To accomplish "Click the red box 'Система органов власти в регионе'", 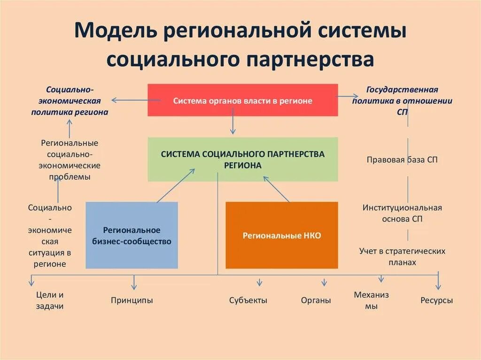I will pyautogui.click(x=242, y=100).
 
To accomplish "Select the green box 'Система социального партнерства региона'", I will pyautogui.click(x=242, y=159).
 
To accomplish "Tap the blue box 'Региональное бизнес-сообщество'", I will pyautogui.click(x=132, y=235).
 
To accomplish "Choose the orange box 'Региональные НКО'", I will pyautogui.click(x=282, y=235).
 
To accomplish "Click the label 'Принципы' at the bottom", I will pyautogui.click(x=132, y=300).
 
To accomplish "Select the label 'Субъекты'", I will pyautogui.click(x=248, y=300).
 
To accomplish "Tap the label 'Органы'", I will pyautogui.click(x=316, y=300).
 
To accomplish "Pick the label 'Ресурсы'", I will pyautogui.click(x=437, y=300).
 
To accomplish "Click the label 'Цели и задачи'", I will pyautogui.click(x=49, y=300).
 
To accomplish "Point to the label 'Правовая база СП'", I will pyautogui.click(x=402, y=160).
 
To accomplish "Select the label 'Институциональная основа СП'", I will pyautogui.click(x=402, y=213).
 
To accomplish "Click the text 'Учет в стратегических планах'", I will pyautogui.click(x=402, y=257).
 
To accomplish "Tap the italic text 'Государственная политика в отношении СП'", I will pyautogui.click(x=402, y=100).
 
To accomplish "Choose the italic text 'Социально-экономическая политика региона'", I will pyautogui.click(x=70, y=100).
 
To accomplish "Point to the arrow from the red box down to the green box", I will pyautogui.click(x=233, y=126).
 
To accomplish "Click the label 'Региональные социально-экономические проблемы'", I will pyautogui.click(x=70, y=160).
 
